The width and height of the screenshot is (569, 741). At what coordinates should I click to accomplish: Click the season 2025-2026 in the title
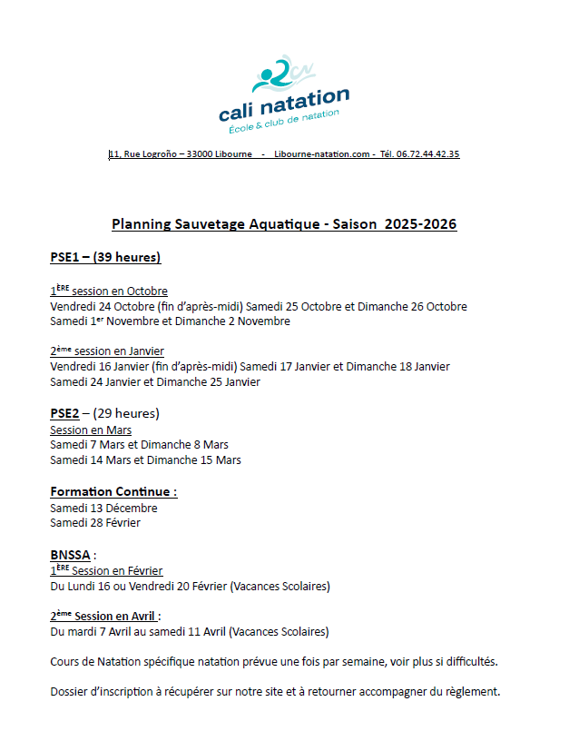(x=420, y=224)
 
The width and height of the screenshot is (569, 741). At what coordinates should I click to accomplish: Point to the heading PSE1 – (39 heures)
(x=105, y=258)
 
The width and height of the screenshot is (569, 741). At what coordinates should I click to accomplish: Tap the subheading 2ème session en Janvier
(x=107, y=351)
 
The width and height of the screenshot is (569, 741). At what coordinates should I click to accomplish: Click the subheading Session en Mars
(x=91, y=430)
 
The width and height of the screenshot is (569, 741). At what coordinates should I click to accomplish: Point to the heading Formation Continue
(x=113, y=492)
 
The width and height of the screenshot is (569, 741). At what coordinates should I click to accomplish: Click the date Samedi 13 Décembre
(x=103, y=508)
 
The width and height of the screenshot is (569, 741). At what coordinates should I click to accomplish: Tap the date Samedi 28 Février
(x=95, y=523)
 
